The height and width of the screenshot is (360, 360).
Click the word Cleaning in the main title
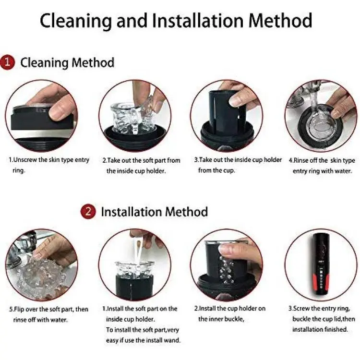(76, 21)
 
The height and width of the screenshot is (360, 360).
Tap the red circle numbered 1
(7, 62)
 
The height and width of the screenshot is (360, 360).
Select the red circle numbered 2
(88, 211)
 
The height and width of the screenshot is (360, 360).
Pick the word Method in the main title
(280, 21)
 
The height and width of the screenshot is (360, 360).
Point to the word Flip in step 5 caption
(19, 309)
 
